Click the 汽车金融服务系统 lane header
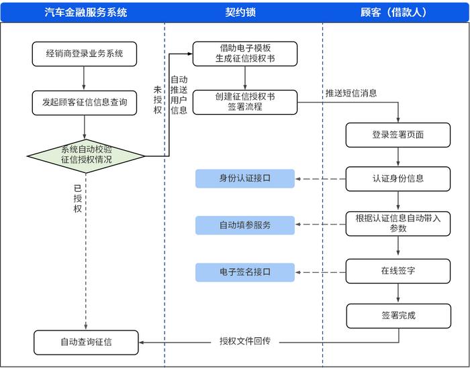pos(85,13)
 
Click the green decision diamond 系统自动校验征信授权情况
pos(86,156)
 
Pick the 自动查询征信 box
pos(86,342)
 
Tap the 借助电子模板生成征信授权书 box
pos(245,54)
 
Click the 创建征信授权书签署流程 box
pos(245,102)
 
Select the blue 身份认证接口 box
pos(245,178)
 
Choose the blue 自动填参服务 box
pos(245,225)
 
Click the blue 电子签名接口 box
pos(245,272)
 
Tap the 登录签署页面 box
pos(398,135)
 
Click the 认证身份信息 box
pos(398,179)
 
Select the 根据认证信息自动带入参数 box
pos(398,223)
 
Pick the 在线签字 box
pos(398,271)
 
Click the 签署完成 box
pos(398,315)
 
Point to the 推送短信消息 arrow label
pos(351,93)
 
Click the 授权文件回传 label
pos(245,341)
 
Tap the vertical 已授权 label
pos(78,199)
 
